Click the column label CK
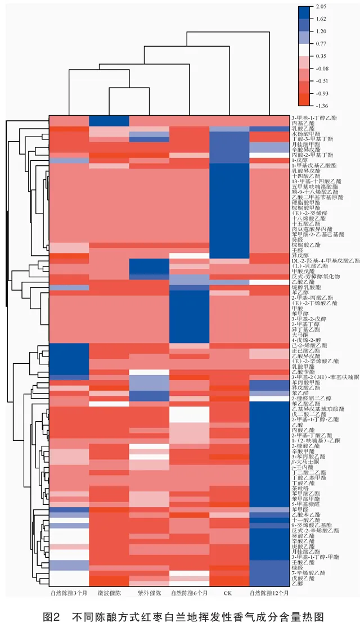(x=228, y=593)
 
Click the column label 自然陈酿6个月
(x=189, y=593)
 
